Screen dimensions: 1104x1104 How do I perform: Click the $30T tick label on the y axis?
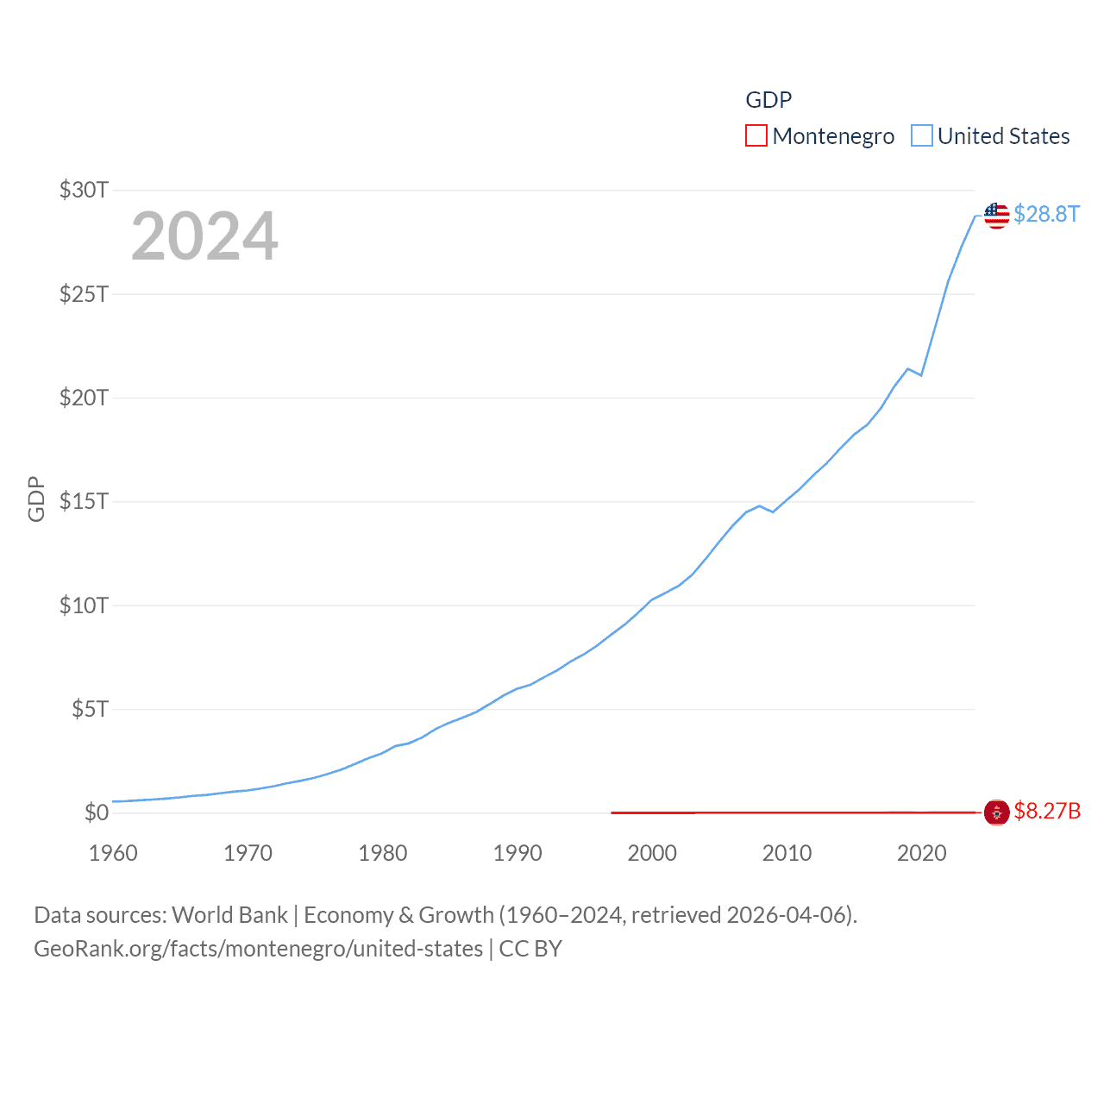[x=84, y=190]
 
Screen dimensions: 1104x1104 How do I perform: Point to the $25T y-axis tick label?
[x=84, y=294]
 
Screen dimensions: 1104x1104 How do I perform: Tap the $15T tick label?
[x=84, y=501]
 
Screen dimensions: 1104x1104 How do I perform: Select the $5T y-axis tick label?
[x=90, y=709]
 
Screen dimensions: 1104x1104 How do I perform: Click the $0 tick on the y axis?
[x=97, y=812]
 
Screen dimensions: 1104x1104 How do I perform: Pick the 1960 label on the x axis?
[x=113, y=853]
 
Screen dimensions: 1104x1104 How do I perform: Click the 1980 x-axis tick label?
[x=383, y=853]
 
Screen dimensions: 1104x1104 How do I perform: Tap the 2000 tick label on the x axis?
[x=652, y=853]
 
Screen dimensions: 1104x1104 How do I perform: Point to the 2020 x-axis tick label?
[x=922, y=853]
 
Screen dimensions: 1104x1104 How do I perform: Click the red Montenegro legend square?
[x=756, y=136]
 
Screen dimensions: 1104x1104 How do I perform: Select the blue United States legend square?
[x=922, y=136]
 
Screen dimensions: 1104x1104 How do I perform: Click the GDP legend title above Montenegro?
[x=768, y=100]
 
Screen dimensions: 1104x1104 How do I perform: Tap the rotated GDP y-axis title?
[x=36, y=499]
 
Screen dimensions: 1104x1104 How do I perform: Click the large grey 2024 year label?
[x=204, y=236]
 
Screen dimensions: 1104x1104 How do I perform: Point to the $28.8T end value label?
[x=1046, y=214]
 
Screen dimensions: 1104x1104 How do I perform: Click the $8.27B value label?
[x=1047, y=812]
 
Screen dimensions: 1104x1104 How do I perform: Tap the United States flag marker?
[x=997, y=215]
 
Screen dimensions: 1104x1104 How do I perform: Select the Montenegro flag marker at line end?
[x=997, y=812]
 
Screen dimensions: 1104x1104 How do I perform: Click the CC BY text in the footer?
[x=530, y=949]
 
